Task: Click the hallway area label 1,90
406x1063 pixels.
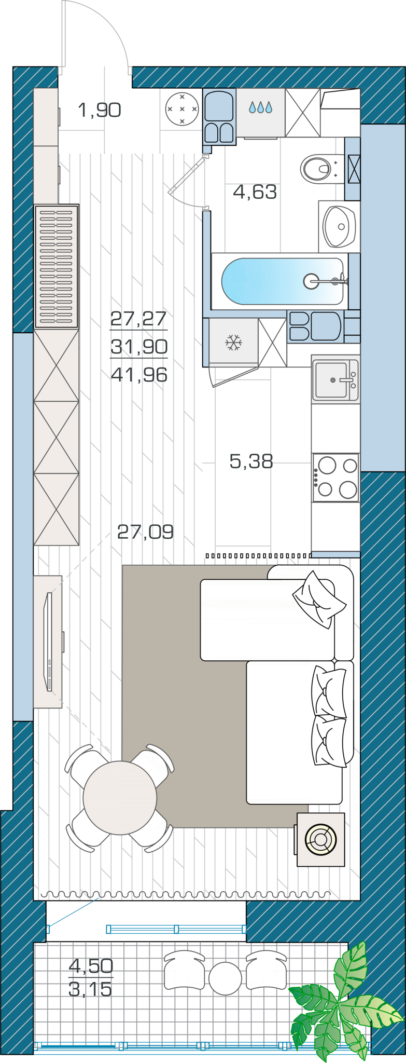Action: (100, 110)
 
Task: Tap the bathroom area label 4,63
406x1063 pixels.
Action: (255, 192)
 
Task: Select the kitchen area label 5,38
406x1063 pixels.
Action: (251, 460)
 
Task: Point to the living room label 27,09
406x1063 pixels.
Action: (145, 531)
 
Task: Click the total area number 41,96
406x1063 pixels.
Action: (139, 374)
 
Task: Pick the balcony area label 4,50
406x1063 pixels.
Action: (91, 966)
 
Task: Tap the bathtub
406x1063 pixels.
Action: (283, 281)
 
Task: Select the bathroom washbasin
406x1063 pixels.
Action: (339, 226)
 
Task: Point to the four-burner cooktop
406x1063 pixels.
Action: (335, 478)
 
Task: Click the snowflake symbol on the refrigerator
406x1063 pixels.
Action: (233, 343)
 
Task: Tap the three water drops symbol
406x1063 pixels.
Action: (260, 107)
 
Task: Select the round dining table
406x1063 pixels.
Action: (120, 798)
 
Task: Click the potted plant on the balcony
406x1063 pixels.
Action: (344, 1007)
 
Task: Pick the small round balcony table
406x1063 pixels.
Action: (225, 978)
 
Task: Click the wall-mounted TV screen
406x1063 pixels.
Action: (48, 642)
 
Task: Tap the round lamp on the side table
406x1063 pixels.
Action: (320, 839)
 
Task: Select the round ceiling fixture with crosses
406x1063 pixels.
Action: (182, 109)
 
